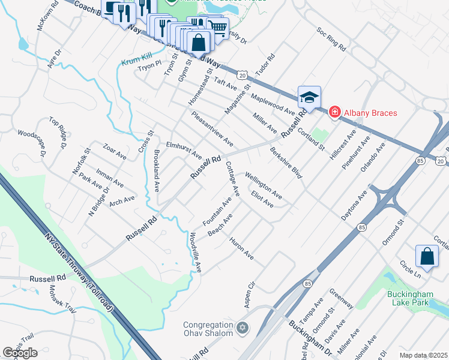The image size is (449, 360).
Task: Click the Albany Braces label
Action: (370, 112)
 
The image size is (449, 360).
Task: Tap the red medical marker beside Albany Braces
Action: (334, 112)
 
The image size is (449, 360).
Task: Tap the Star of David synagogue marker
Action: (243, 328)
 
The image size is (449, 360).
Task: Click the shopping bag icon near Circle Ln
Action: (426, 256)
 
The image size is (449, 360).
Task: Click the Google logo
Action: (20, 353)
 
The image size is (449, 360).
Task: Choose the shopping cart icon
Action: (218, 26)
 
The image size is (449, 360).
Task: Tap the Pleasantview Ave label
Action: (212, 128)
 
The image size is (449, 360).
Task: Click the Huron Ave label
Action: (241, 248)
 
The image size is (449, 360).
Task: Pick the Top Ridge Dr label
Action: (59, 133)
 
